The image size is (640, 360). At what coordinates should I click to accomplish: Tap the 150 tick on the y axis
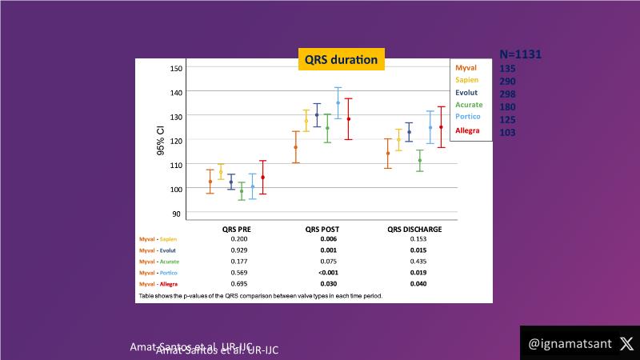(x=176, y=69)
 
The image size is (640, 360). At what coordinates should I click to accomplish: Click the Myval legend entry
(x=466, y=68)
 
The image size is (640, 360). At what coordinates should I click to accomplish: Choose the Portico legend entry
(x=468, y=117)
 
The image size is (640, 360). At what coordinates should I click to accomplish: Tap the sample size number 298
(x=507, y=94)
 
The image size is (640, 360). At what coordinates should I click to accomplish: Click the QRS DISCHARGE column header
(x=414, y=229)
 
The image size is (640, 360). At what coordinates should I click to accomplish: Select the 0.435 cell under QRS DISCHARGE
(x=414, y=261)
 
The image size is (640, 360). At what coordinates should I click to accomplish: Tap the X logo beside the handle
(x=626, y=343)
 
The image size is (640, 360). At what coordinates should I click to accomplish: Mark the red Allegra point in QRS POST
(x=348, y=119)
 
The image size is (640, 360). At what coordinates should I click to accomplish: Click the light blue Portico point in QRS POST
(x=338, y=102)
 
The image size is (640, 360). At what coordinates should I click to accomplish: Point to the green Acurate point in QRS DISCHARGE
(x=420, y=160)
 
